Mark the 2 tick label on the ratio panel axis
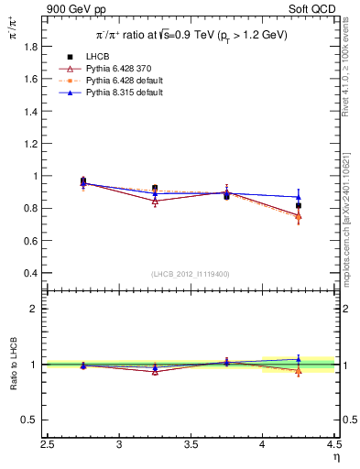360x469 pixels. (x=33, y=309)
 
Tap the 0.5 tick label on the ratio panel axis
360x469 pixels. (x=29, y=420)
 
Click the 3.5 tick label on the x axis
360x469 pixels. (x=191, y=444)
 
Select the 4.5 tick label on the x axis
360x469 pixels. (x=333, y=444)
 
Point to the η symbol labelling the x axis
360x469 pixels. (x=335, y=457)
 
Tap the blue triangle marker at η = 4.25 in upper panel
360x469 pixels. (x=299, y=197)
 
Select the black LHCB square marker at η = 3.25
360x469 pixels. (x=155, y=188)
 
